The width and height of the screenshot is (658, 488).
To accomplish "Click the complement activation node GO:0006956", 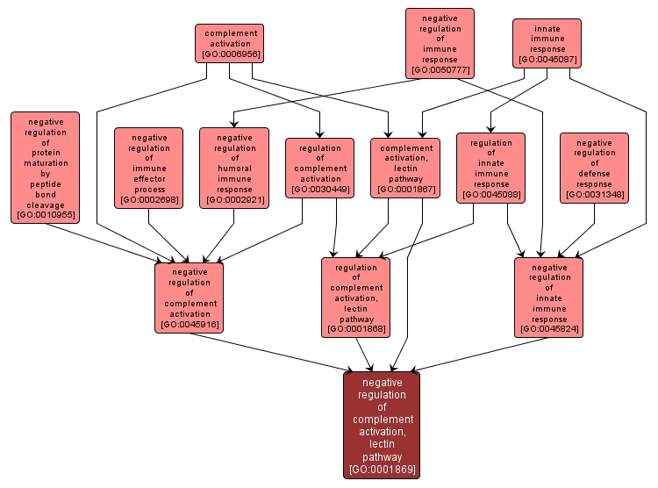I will click(x=229, y=44).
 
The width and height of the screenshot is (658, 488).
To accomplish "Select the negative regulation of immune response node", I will click(x=440, y=42).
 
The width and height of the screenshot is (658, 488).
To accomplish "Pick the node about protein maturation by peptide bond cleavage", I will click(x=46, y=167).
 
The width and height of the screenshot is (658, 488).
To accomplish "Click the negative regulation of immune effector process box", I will click(x=148, y=168).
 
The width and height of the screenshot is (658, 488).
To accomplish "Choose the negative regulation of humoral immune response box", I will click(x=234, y=168).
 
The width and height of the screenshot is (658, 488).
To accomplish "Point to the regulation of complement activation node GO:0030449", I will click(x=319, y=168).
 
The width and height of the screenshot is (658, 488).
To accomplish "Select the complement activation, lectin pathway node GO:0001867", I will click(x=405, y=168).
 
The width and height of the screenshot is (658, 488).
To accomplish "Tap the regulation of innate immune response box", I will click(x=490, y=168).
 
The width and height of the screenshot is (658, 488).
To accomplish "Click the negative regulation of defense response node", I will click(x=594, y=168).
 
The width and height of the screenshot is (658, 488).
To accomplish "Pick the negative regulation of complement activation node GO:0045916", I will click(x=190, y=298).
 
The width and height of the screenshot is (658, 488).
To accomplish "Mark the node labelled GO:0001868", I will click(x=355, y=298).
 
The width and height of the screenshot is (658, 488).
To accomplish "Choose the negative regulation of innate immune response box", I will click(x=549, y=298).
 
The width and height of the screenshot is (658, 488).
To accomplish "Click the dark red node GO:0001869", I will click(x=382, y=425).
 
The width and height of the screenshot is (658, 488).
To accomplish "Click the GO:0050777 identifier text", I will click(x=440, y=69).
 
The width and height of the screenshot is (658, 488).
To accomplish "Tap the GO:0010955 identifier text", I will click(x=46, y=215).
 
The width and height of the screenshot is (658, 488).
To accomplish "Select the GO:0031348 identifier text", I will click(x=594, y=194).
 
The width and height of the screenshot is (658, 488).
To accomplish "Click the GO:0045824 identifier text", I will click(x=549, y=329).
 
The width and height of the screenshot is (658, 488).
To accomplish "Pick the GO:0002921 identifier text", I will click(x=234, y=200).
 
